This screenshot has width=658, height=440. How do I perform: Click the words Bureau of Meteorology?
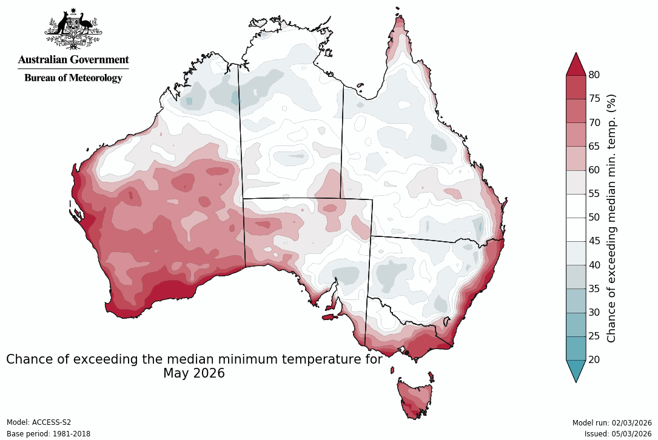coord(73,78)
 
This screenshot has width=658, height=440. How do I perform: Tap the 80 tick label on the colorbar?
coord(594,75)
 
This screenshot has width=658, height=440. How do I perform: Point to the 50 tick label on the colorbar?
coord(594,218)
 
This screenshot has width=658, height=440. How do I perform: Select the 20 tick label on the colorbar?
coord(594,360)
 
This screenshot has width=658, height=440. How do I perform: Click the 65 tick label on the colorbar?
coord(594,147)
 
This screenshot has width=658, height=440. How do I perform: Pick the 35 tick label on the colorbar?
coord(594,288)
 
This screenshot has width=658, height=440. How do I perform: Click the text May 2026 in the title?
coord(193,374)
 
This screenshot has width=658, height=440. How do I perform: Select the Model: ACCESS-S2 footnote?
coord(39,422)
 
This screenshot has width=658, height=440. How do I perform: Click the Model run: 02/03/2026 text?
coord(611,422)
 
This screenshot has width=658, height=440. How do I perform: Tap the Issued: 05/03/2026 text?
coord(618,434)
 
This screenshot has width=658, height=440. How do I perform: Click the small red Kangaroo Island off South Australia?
coord(329,316)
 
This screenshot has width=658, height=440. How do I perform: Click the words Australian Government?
coord(73,60)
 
